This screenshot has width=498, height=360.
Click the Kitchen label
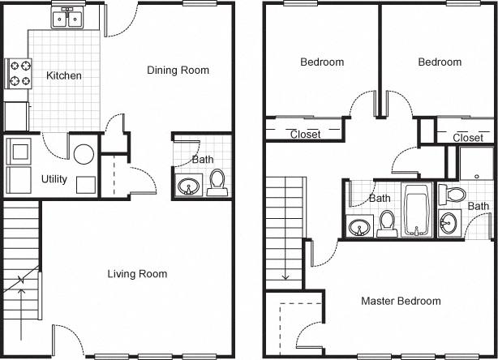coord(64,76)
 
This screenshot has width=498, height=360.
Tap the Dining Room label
coord(178,71)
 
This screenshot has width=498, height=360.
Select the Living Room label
coord(137,274)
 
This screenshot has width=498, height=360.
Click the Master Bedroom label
coord(401,301)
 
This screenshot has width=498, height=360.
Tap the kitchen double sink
coord(64,18)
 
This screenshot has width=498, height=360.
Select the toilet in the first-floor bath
coord(217,182)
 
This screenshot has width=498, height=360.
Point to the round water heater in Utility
coord(83,153)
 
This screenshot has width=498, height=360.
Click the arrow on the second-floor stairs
coord(285,268)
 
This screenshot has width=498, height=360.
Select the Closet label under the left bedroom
coord(305,135)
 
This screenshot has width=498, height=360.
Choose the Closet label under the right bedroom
coord(468,139)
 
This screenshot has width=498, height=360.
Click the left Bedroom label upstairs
coord(322,62)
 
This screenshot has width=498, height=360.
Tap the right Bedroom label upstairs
coord(440,62)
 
